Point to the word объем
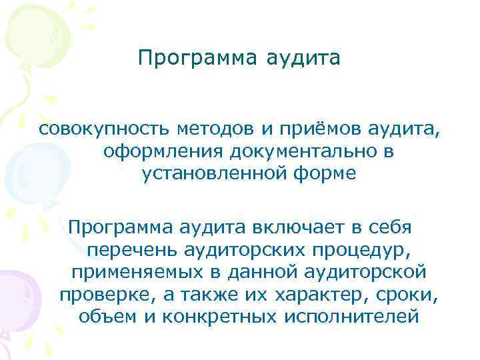(x=106, y=317)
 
